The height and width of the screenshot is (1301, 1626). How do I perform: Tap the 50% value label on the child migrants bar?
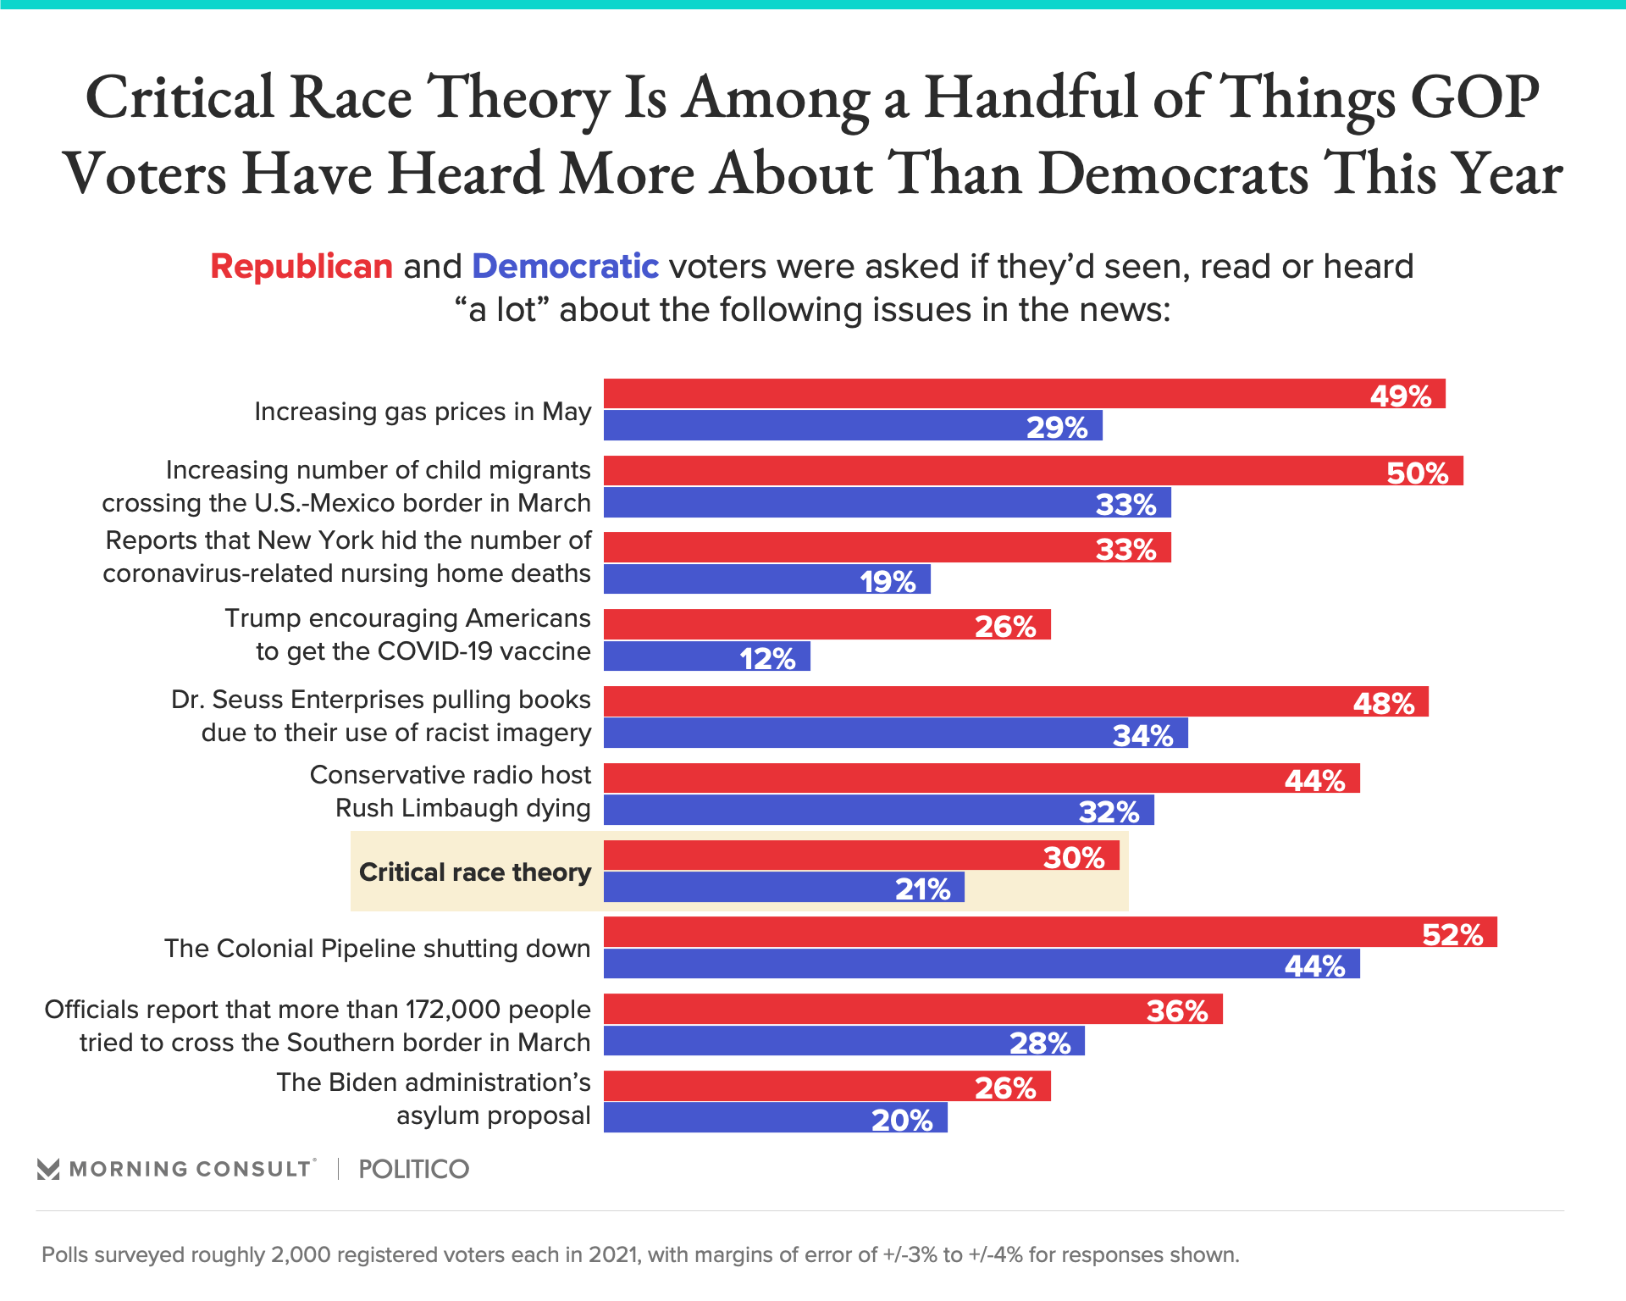[x=1417, y=473]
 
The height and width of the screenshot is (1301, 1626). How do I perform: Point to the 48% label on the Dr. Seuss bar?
[x=1383, y=703]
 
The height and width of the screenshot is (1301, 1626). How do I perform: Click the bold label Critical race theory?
[x=475, y=872]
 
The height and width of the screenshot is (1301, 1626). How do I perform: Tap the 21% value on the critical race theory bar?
[x=922, y=889]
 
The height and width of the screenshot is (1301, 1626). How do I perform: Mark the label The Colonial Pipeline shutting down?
[x=377, y=948]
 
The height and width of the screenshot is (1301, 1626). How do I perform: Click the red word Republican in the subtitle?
[x=301, y=266]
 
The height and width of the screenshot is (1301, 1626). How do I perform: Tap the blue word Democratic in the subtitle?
[x=565, y=266]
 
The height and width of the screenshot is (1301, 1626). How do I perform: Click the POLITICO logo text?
[x=413, y=1169]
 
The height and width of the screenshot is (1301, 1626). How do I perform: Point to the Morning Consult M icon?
[x=48, y=1169]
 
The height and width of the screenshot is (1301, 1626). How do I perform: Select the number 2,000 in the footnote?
[x=300, y=1254]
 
